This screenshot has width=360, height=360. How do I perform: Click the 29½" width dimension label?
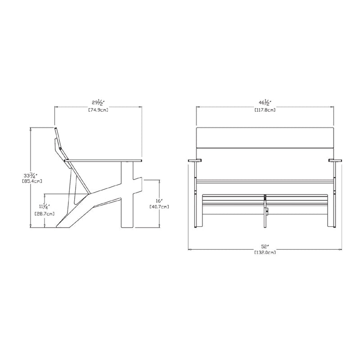(98, 103)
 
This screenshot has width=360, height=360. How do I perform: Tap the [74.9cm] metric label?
(98, 110)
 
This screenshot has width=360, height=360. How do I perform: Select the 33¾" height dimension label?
(30, 175)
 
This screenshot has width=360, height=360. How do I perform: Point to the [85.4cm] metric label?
(32, 181)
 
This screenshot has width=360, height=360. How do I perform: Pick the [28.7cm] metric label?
(45, 214)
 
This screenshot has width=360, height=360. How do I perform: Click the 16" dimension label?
(159, 200)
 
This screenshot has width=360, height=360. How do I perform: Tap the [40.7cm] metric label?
(159, 207)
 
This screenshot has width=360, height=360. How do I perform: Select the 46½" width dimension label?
(265, 103)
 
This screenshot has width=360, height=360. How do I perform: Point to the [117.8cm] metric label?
(265, 110)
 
